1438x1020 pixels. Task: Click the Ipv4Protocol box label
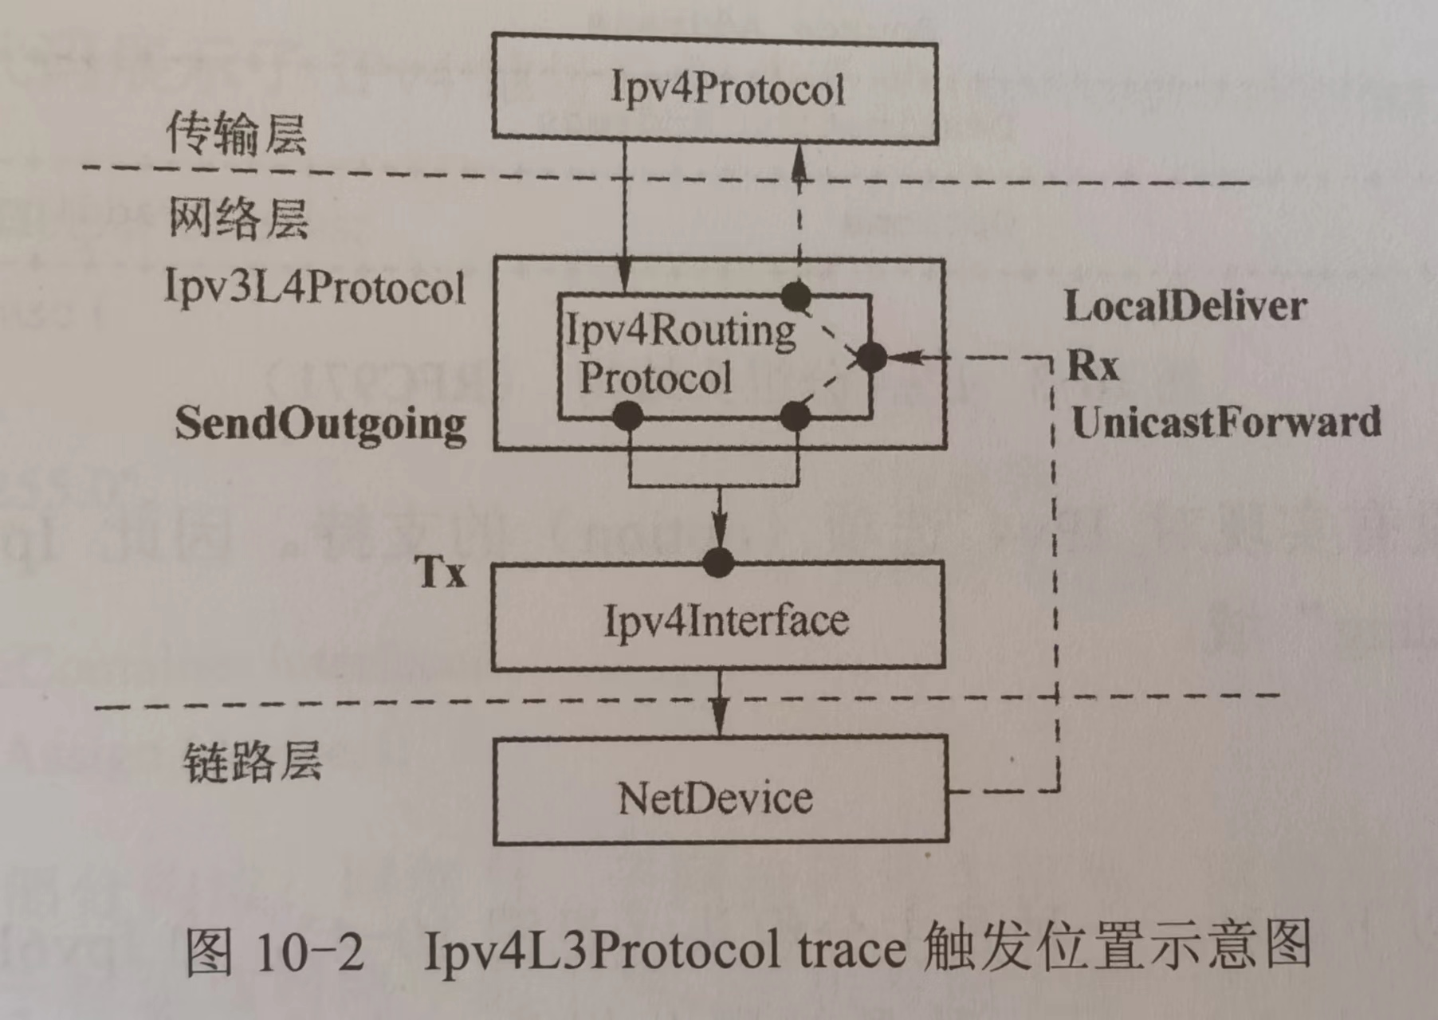point(727,88)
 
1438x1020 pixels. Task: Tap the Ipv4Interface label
point(726,621)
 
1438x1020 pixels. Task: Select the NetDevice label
point(715,798)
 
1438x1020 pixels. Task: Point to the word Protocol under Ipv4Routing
point(655,378)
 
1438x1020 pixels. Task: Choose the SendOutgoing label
point(320,424)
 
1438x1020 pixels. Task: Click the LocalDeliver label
point(1185,307)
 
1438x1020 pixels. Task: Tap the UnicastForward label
point(1226,422)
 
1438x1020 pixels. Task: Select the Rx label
point(1093,366)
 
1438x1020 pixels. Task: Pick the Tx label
point(440,571)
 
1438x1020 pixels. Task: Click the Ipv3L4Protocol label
point(314,287)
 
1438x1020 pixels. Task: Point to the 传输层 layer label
point(236,133)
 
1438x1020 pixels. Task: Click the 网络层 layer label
point(238,218)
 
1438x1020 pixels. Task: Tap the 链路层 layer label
point(253,763)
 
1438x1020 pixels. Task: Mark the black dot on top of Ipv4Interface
point(719,562)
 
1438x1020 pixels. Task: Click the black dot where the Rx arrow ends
point(870,357)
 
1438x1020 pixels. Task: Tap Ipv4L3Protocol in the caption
point(601,950)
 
